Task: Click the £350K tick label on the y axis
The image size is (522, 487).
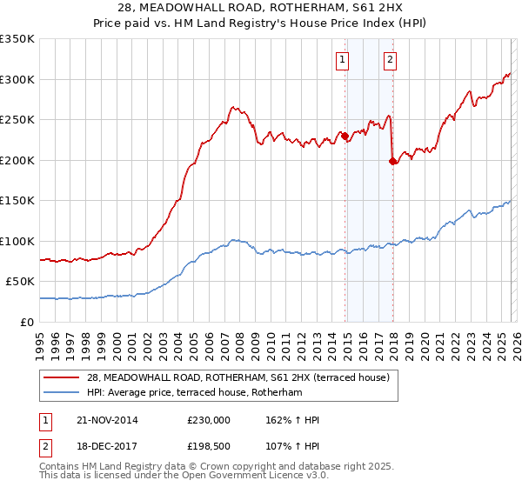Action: (x=17, y=39)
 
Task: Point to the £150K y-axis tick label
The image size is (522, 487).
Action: (x=17, y=201)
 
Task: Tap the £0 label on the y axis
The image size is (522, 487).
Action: (x=28, y=323)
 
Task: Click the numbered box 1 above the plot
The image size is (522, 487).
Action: (x=343, y=60)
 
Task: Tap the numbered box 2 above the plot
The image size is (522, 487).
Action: (x=390, y=60)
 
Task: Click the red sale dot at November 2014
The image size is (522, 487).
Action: (x=345, y=136)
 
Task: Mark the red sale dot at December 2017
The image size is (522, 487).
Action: (x=392, y=161)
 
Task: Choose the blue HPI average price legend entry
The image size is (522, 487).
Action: (x=193, y=393)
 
